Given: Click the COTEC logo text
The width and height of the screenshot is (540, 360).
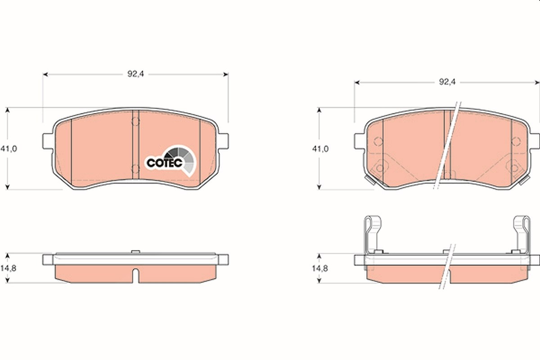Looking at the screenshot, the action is [x=164, y=163].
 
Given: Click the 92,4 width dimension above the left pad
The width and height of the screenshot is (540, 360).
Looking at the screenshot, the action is [x=135, y=74].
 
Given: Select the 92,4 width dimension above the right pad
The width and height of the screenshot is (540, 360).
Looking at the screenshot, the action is [x=447, y=82].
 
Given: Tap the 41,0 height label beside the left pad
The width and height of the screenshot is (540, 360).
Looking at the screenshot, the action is [x=9, y=149].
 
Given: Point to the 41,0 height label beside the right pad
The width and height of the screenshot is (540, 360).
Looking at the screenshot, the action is [x=320, y=149].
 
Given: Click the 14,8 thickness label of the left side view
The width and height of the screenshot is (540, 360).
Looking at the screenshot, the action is [x=8, y=268].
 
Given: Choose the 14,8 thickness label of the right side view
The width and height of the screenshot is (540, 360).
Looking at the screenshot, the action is [x=320, y=268].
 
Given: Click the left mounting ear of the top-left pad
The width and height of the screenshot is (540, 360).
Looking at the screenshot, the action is [x=48, y=141].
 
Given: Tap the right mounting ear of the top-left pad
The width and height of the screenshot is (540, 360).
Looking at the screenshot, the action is [x=224, y=141].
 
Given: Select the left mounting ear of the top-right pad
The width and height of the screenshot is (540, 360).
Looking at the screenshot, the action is [x=359, y=141].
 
